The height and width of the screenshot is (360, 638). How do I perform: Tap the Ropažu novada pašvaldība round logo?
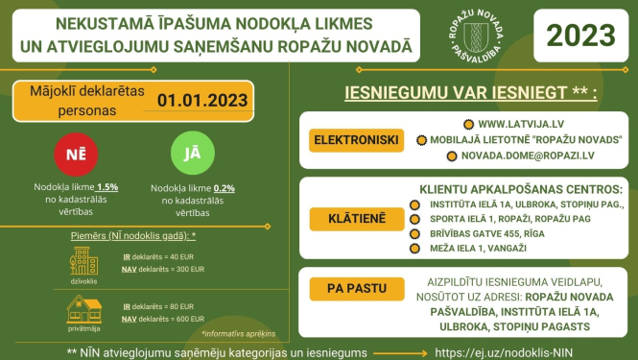pos(473,36)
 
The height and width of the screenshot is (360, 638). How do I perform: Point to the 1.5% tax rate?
pos(106,187)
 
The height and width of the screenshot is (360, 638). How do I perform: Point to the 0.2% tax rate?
pos(225,187)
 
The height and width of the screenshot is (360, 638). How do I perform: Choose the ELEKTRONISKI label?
pos(356,140)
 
